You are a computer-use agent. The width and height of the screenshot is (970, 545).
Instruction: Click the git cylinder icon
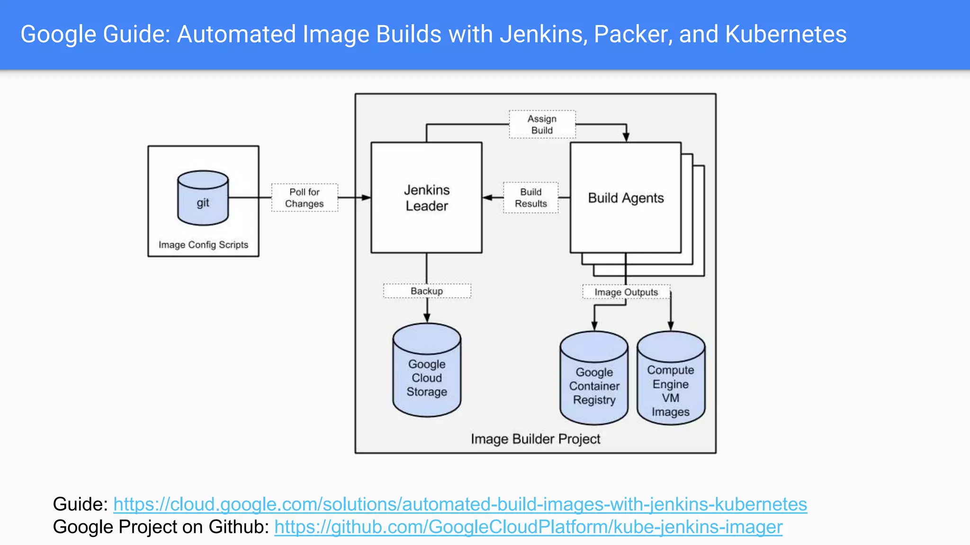pos(203,198)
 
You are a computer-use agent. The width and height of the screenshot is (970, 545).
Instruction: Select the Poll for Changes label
pos(305,198)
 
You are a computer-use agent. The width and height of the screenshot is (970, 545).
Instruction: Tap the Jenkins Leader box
pos(426,198)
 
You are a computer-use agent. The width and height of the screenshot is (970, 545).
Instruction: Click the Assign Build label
pos(542,124)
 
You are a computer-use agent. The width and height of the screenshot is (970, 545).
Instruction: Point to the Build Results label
pos(530,198)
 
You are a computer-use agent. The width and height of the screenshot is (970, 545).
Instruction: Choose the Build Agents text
pos(626,198)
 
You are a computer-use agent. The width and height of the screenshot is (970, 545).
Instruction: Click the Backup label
pos(427,291)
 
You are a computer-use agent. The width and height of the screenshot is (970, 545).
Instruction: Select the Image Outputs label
pos(626,292)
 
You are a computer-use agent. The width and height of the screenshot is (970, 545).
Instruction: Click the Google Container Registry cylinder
pos(594,378)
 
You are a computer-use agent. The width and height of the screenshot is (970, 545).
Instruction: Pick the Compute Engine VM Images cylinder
pos(671,378)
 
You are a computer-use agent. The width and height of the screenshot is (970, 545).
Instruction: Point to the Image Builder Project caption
pos(535,439)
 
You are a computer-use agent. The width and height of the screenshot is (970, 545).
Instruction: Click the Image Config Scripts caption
pos(203,245)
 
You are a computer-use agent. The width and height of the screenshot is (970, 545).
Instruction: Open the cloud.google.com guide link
pos(460,504)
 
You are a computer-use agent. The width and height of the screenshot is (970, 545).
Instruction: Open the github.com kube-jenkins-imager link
pos(528,527)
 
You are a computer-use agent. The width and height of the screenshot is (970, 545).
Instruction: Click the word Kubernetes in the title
pos(785,34)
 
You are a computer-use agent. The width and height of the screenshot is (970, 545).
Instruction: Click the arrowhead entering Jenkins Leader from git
pos(366,197)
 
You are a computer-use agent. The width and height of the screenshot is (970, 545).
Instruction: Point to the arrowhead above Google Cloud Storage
pos(427,318)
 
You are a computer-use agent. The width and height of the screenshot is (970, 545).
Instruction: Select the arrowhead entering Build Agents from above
pos(626,137)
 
